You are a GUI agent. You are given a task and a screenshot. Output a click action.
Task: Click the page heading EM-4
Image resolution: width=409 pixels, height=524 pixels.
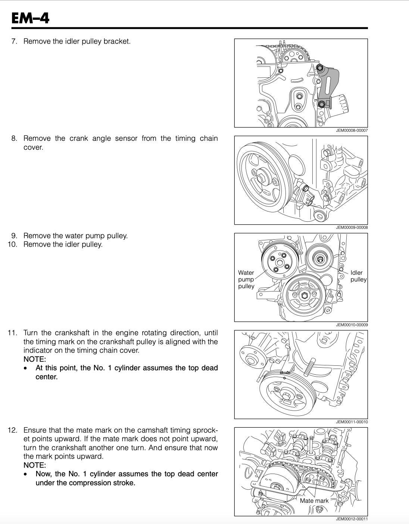click(30, 18)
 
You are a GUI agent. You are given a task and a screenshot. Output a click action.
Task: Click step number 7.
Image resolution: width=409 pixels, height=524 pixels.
click(14, 41)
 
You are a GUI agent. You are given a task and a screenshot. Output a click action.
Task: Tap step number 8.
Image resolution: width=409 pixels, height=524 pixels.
click(14, 138)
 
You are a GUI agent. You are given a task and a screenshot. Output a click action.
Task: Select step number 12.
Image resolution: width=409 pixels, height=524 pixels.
click(12, 430)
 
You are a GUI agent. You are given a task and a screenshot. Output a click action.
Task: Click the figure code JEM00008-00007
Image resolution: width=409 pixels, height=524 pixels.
click(352, 130)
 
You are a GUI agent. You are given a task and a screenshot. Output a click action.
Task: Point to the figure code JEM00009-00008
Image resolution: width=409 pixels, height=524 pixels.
click(352, 227)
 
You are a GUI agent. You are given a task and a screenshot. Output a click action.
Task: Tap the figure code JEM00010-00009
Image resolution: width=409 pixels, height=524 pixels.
click(352, 325)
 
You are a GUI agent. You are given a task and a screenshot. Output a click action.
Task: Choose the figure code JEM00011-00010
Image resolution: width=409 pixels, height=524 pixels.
click(352, 422)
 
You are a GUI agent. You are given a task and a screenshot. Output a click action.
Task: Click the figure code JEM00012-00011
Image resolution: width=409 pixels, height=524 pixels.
click(352, 519)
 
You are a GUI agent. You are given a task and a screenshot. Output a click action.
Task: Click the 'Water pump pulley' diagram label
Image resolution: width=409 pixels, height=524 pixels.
click(246, 280)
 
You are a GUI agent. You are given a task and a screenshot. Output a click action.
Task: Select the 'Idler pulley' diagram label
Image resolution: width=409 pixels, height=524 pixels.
click(358, 276)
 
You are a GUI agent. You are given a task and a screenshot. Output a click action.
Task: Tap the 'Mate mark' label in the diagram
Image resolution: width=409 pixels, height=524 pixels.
click(314, 501)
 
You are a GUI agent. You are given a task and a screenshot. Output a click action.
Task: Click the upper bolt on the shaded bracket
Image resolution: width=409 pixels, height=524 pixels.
click(319, 68)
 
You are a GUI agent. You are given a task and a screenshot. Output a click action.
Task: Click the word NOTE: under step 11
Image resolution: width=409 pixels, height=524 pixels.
click(35, 359)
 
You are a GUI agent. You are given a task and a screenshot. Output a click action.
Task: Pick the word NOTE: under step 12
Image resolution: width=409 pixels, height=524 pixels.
click(35, 465)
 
